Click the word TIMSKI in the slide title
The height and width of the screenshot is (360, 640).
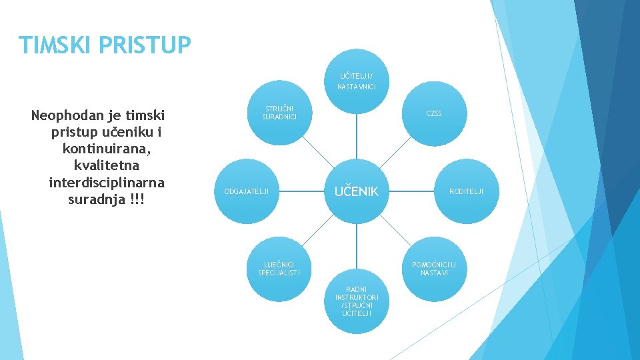click(x=57, y=45)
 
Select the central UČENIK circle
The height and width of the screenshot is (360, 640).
click(x=356, y=191)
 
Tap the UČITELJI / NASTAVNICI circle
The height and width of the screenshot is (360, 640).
click(x=356, y=81)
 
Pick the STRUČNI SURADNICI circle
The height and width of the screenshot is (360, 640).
click(x=279, y=113)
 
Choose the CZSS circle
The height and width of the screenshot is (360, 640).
click(x=434, y=113)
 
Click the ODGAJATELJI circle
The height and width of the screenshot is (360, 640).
click(x=247, y=191)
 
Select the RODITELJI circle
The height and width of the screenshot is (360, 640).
click(x=466, y=191)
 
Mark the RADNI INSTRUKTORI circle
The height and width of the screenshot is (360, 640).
click(x=357, y=301)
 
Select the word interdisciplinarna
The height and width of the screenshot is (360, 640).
click(x=107, y=182)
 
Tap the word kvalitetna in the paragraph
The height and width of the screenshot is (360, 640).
click(x=107, y=165)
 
